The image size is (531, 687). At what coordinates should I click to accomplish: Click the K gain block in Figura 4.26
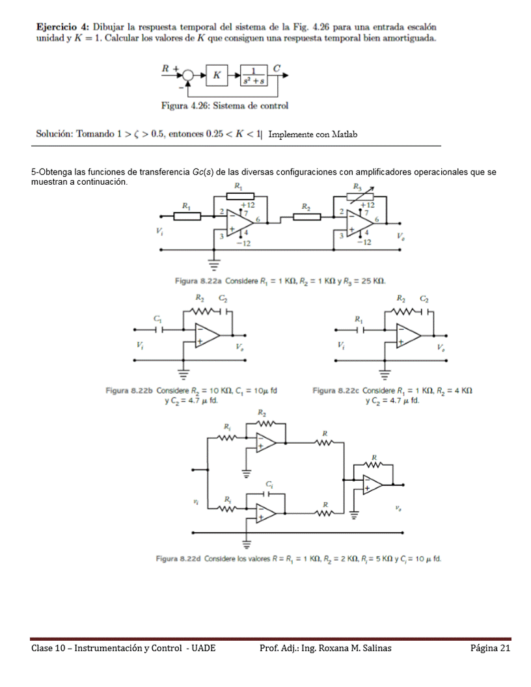pyautogui.click(x=216, y=75)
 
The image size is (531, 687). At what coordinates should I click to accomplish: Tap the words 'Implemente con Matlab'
pyautogui.click(x=313, y=135)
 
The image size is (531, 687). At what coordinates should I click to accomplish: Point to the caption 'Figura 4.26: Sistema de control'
pyautogui.click(x=225, y=105)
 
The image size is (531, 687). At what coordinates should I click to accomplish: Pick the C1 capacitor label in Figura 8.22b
pyautogui.click(x=157, y=319)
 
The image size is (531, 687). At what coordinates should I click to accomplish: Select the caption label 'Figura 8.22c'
pyautogui.click(x=336, y=390)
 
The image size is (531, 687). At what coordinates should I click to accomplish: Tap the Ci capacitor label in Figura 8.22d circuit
pyautogui.click(x=268, y=485)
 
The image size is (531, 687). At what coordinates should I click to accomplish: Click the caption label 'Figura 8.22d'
pyautogui.click(x=178, y=559)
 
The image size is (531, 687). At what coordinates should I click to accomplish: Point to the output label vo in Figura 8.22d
pyautogui.click(x=396, y=509)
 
